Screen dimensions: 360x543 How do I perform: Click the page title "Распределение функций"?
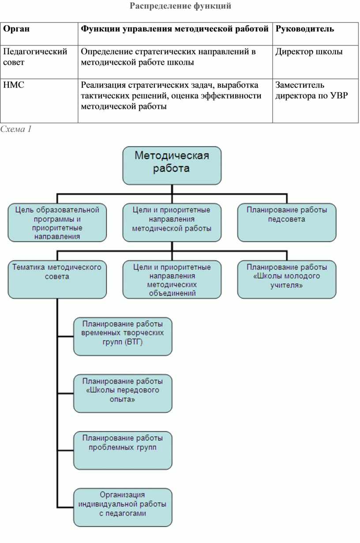[180, 6]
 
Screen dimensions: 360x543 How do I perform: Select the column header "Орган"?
[16, 29]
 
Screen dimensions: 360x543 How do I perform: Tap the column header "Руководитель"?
[305, 29]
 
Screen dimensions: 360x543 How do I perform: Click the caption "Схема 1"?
[16, 129]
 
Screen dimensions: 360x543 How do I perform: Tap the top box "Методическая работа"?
[172, 165]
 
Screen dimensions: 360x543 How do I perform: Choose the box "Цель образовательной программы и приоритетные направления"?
[57, 222]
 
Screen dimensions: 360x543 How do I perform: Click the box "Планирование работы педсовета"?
[287, 222]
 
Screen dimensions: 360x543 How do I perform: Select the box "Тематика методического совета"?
[57, 279]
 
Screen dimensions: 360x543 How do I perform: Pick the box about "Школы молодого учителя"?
[287, 279]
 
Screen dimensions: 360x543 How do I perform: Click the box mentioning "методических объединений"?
[172, 279]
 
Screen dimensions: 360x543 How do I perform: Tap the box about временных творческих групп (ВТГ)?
[123, 336]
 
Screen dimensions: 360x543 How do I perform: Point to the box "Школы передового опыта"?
[123, 394]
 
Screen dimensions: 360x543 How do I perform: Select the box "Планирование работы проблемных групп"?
[123, 450]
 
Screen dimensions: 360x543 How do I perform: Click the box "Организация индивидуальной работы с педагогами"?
[123, 507]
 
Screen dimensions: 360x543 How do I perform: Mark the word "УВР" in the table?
[339, 95]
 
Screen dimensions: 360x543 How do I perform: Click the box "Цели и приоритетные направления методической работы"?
[172, 222]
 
